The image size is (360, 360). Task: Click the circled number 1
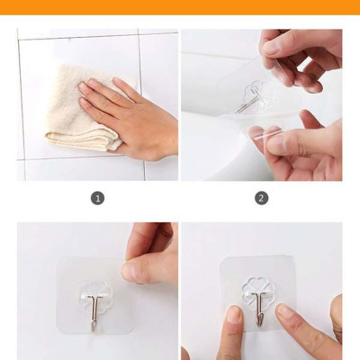(x=98, y=198)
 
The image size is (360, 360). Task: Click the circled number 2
(x=261, y=198)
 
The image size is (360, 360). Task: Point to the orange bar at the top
(x=180, y=7)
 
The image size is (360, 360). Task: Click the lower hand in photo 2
(x=301, y=144)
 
